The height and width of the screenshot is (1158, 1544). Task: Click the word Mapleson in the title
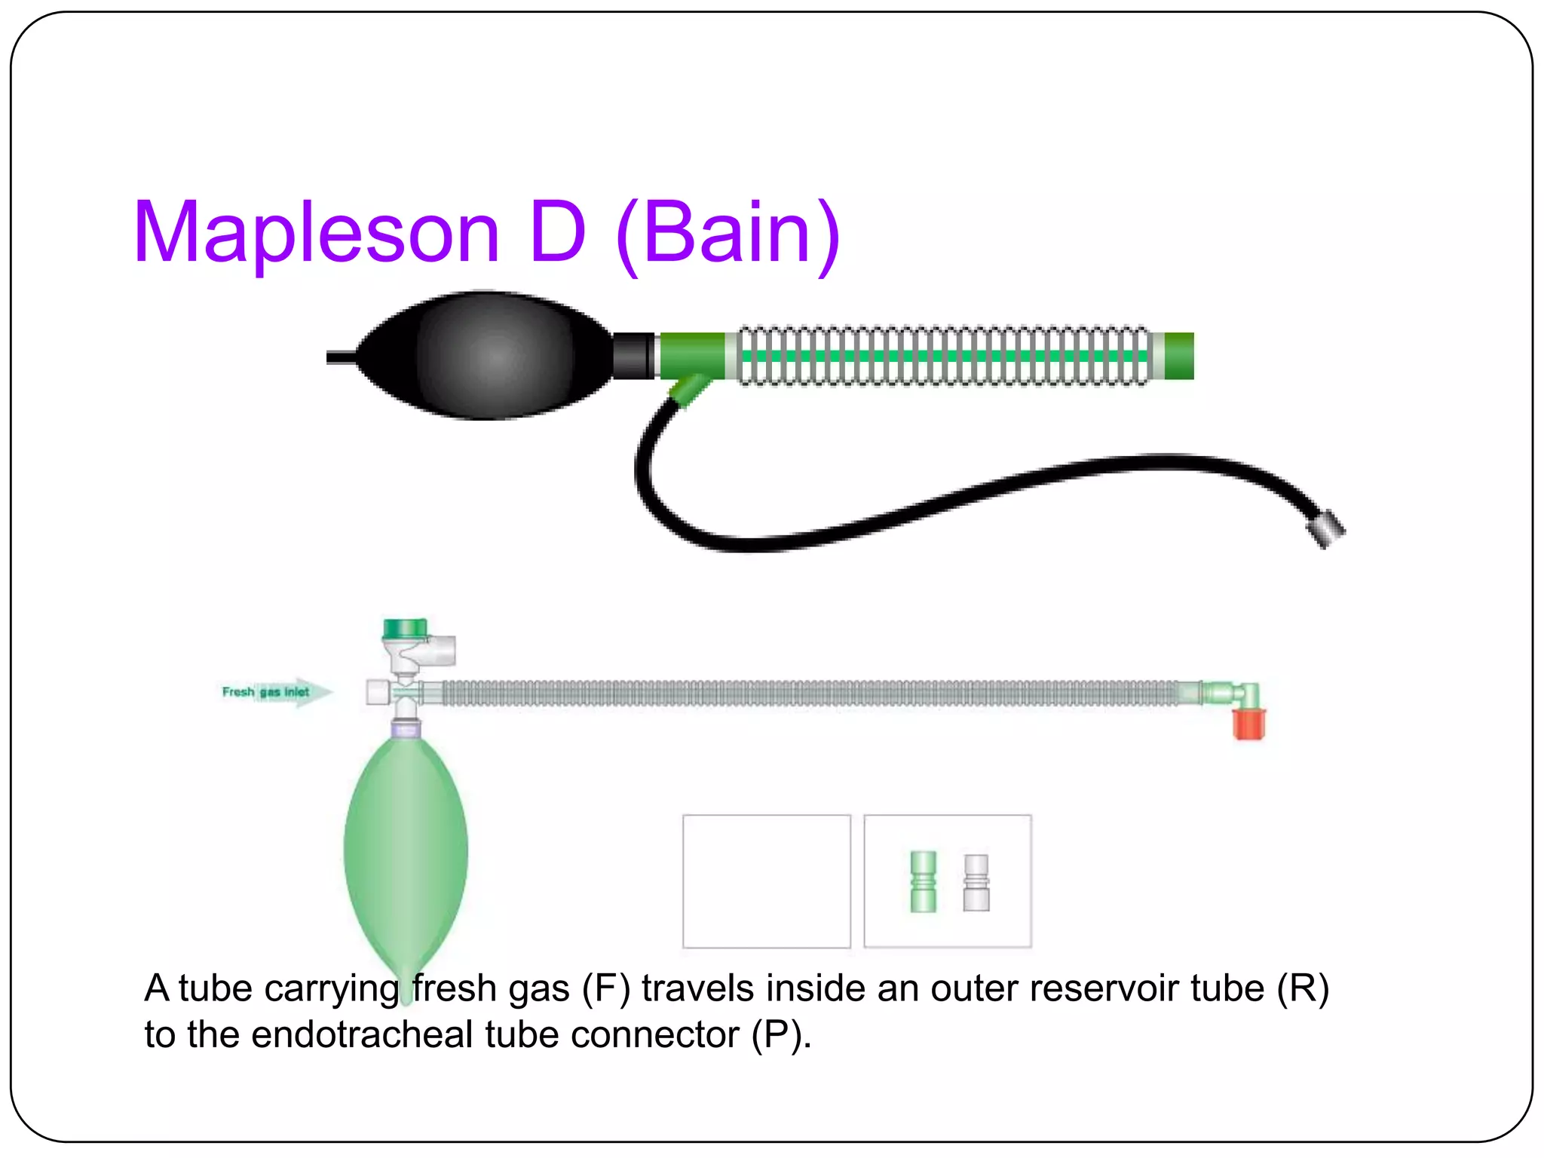tap(317, 234)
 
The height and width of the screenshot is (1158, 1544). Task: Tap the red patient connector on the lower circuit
tap(1248, 724)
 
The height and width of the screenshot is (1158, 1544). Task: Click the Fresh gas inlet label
tap(266, 692)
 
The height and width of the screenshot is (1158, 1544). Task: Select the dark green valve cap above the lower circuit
tap(405, 628)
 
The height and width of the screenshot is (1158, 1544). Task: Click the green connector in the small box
tap(923, 881)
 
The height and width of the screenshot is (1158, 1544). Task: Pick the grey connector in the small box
tap(976, 882)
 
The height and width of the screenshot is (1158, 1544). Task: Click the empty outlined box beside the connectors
tap(766, 881)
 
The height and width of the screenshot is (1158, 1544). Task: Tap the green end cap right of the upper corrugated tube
tap(1178, 356)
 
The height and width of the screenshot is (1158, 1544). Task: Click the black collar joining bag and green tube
tap(633, 355)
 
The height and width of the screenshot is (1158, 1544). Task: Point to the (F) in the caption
tap(605, 988)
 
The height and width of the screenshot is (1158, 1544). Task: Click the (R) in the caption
tap(1302, 988)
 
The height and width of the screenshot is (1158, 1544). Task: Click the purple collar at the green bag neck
tap(406, 729)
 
